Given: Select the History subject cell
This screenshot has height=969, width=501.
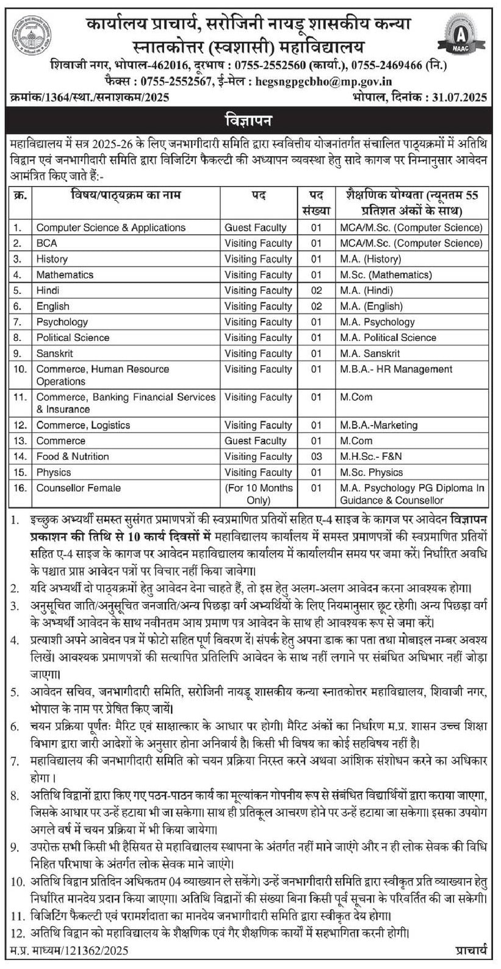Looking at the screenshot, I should click(52, 259).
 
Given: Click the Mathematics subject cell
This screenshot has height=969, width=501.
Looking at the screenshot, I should click(65, 275).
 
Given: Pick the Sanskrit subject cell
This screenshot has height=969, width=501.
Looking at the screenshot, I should click(54, 354).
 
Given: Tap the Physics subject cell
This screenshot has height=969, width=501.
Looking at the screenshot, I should click(54, 473).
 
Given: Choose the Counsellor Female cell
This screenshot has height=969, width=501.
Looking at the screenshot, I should click(78, 488).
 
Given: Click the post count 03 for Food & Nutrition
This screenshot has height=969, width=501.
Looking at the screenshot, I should click(316, 457).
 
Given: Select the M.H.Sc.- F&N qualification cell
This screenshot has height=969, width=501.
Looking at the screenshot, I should click(371, 457).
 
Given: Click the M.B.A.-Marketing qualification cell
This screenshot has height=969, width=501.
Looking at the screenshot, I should click(379, 425).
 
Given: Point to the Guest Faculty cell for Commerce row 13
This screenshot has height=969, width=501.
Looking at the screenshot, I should click(255, 441).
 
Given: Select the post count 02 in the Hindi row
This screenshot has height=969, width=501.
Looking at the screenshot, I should click(316, 291).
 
